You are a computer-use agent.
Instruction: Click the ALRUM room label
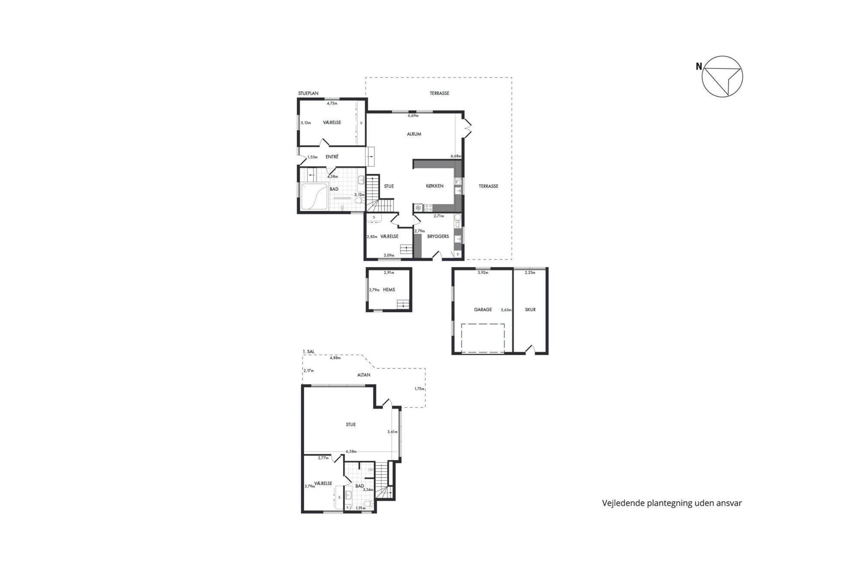414,134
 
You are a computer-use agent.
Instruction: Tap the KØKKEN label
435,186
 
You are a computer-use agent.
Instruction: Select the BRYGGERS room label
438,236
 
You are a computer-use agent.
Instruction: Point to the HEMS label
389,290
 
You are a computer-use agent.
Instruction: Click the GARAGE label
483,310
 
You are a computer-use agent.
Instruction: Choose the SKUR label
530,310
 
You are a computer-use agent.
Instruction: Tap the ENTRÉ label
332,157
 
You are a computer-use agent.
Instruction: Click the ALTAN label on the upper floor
364,375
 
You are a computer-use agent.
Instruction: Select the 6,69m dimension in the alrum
413,116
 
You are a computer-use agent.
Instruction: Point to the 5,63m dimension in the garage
506,310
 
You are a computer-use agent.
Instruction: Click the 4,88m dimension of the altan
335,358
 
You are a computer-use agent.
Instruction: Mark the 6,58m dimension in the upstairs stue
351,451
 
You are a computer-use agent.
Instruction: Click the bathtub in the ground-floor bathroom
314,197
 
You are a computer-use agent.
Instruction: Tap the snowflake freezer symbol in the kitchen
418,208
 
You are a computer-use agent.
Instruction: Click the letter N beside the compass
699,67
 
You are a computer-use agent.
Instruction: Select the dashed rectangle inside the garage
483,339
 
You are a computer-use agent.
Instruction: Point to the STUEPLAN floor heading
308,93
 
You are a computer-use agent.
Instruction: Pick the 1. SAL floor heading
309,352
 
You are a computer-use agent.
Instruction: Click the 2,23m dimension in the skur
530,273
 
